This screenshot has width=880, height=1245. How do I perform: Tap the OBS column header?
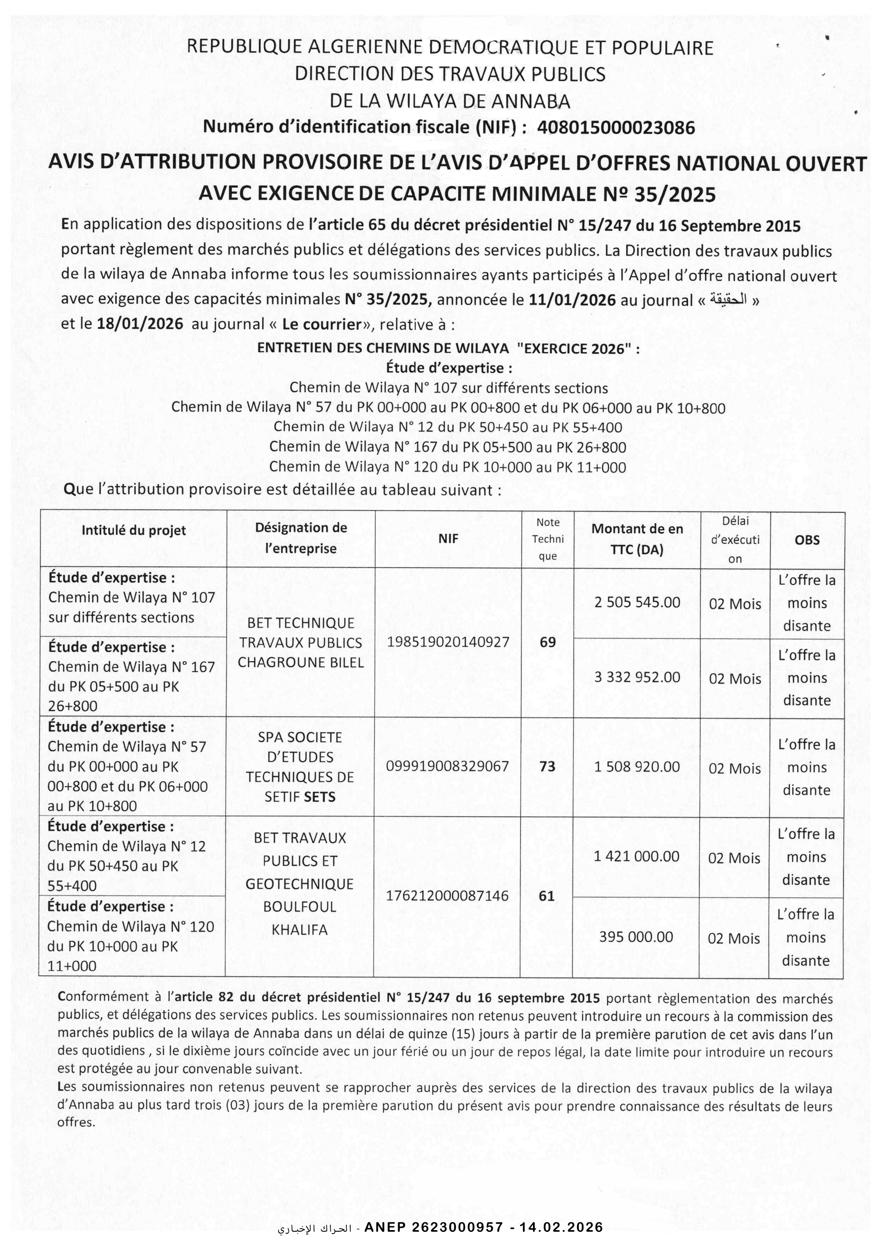tap(807, 540)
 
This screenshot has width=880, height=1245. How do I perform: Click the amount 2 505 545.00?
tap(637, 602)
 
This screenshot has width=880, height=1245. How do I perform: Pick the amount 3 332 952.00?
tap(637, 677)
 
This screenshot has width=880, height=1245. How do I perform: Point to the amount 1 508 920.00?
tap(637, 767)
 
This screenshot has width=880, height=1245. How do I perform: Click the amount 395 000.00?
tap(636, 937)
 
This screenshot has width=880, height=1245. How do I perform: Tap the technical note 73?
tap(548, 766)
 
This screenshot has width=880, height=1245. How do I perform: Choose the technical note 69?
tap(548, 642)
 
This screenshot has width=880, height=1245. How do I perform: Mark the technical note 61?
tap(546, 896)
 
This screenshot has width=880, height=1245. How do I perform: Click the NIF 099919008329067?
tap(447, 766)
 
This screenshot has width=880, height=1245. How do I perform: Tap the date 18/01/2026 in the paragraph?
tap(140, 324)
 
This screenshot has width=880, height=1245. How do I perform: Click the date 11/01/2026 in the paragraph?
tap(572, 300)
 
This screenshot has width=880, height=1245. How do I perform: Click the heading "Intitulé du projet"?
tap(133, 530)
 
